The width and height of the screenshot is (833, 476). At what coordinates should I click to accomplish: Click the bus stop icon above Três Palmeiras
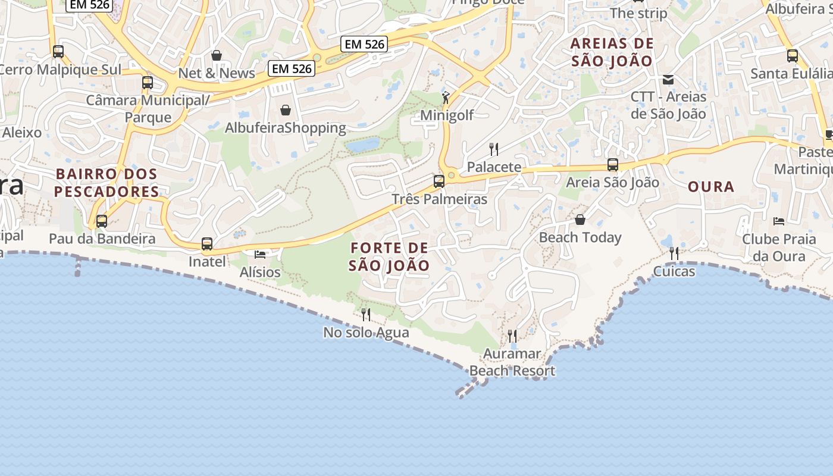click(x=439, y=181)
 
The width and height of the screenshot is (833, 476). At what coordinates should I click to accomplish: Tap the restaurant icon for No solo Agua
click(x=366, y=314)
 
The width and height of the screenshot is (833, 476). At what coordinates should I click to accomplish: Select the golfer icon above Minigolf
click(x=446, y=97)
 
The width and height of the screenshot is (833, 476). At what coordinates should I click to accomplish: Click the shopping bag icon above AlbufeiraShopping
click(x=286, y=110)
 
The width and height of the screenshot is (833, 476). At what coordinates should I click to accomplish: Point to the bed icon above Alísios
click(x=260, y=254)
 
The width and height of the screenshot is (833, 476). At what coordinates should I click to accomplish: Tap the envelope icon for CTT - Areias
click(x=668, y=79)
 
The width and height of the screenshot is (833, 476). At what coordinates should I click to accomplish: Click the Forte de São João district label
click(x=389, y=256)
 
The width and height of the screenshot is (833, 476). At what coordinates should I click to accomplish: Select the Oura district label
click(x=711, y=187)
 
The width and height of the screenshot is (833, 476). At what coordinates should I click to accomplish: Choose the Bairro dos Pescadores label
click(x=107, y=183)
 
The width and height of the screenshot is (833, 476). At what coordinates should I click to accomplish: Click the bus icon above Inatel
click(x=207, y=244)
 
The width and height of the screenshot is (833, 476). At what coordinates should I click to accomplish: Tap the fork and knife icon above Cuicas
click(x=674, y=253)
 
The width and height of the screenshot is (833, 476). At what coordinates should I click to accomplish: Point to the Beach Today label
click(x=580, y=237)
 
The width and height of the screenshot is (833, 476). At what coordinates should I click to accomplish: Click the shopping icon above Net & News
click(x=217, y=55)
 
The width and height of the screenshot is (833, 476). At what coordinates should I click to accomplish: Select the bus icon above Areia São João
click(x=613, y=165)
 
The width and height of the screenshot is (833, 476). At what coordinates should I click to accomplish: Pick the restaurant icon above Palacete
click(x=494, y=149)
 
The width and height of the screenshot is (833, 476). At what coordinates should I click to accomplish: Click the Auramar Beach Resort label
click(x=512, y=362)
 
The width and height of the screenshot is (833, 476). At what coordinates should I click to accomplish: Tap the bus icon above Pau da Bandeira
click(x=102, y=221)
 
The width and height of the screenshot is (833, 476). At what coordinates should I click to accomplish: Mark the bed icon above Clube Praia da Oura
click(x=779, y=221)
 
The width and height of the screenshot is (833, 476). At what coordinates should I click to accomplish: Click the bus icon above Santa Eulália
click(x=793, y=56)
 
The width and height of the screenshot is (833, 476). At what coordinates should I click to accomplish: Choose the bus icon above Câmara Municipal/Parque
click(x=148, y=83)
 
